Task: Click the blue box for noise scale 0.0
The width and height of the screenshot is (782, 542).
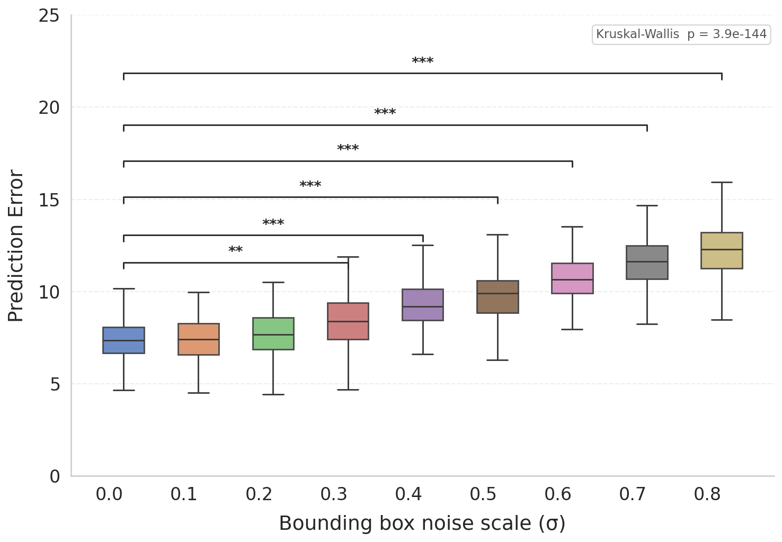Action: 123,340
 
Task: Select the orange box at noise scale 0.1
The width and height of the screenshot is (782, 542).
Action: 199,339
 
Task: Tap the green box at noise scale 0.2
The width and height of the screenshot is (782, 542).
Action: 273,333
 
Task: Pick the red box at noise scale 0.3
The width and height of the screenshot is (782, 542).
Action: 348,321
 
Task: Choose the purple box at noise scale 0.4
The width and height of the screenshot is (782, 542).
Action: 423,305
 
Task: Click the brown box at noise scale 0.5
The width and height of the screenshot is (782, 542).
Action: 497,297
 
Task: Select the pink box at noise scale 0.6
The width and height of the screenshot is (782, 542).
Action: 572,278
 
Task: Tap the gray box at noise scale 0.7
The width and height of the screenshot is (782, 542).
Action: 647,263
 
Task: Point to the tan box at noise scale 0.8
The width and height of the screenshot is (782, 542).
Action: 722,250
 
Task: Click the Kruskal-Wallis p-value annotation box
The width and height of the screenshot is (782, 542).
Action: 681,35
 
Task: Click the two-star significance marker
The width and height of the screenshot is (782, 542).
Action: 236,250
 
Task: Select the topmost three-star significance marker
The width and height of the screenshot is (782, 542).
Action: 423,61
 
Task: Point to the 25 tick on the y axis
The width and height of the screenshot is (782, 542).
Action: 49,16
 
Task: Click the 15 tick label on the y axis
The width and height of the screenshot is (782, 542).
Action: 49,200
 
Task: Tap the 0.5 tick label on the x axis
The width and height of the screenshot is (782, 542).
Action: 483,494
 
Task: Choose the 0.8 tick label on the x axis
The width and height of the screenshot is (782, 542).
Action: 707,494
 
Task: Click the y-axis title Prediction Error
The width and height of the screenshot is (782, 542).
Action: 16,246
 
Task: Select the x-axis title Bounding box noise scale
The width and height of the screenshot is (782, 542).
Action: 422,523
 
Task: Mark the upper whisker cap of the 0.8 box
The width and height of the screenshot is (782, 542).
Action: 722,182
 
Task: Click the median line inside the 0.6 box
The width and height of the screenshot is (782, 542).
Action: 572,279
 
